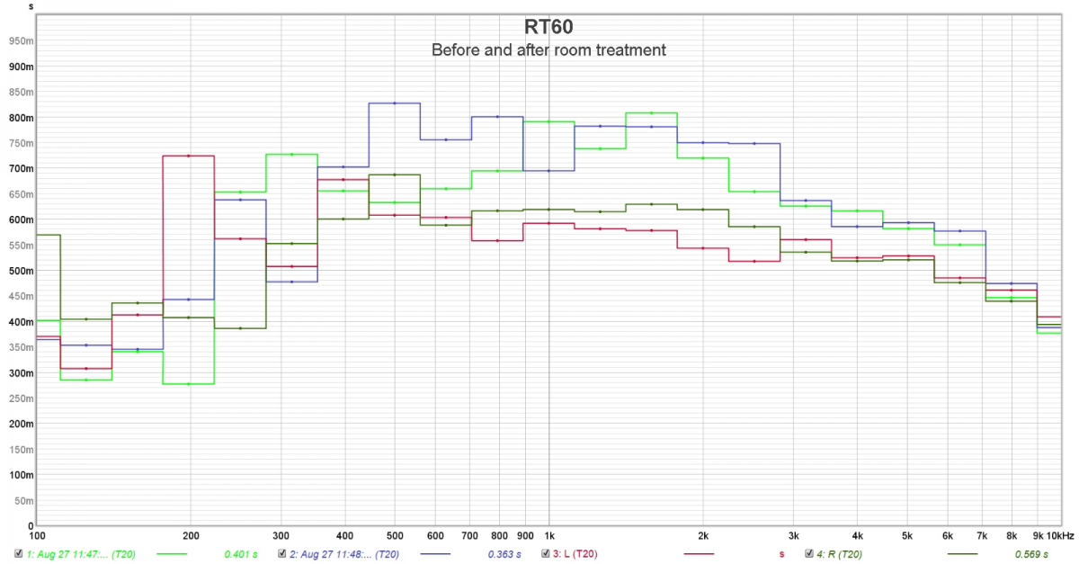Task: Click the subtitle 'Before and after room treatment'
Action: (x=548, y=50)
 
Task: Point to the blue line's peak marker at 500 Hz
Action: (x=394, y=103)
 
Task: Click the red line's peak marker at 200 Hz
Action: (x=188, y=157)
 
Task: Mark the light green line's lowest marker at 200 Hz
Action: (x=188, y=384)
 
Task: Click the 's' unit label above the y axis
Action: (x=32, y=5)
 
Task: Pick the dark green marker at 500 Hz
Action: (x=394, y=175)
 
